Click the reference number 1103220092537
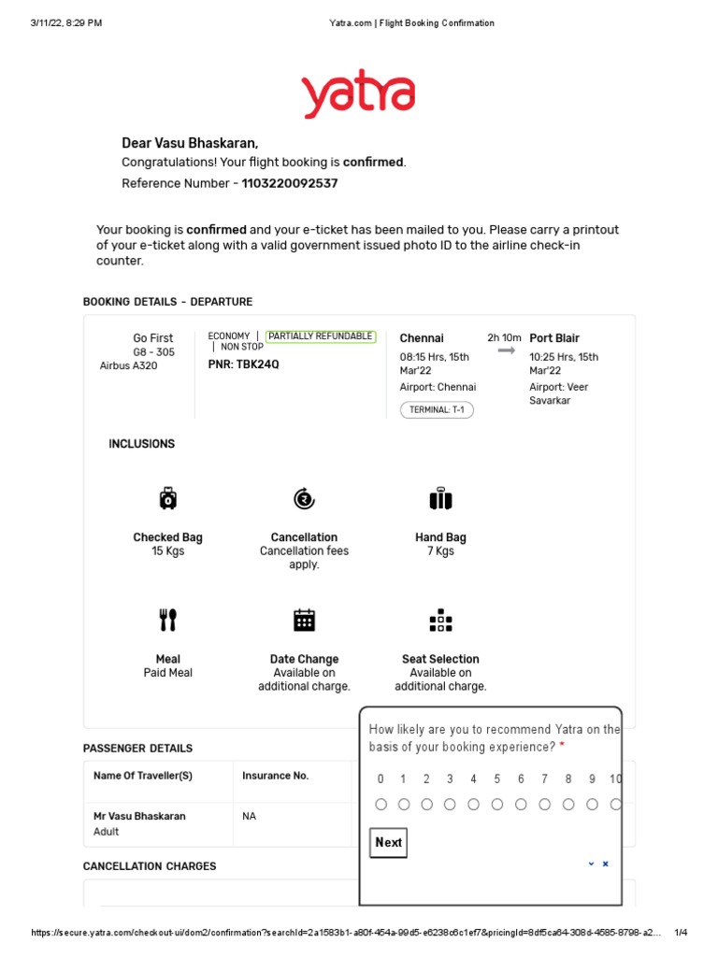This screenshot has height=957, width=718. pyautogui.click(x=290, y=183)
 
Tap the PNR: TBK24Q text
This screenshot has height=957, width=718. pyautogui.click(x=243, y=364)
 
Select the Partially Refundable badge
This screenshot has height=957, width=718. pyautogui.click(x=321, y=336)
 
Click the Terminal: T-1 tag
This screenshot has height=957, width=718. pyautogui.click(x=437, y=409)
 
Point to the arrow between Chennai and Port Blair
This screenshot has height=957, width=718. pyautogui.click(x=506, y=350)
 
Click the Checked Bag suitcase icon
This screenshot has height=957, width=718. pyautogui.click(x=167, y=499)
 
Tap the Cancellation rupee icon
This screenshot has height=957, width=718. pyautogui.click(x=304, y=499)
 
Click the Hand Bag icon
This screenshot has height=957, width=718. pyautogui.click(x=440, y=499)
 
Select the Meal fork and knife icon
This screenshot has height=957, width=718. pyautogui.click(x=167, y=620)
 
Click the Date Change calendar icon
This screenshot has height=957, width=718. pyautogui.click(x=304, y=620)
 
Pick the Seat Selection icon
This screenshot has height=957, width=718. pyautogui.click(x=440, y=620)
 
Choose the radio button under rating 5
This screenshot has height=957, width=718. pyautogui.click(x=497, y=804)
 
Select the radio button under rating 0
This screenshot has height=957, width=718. pyautogui.click(x=381, y=804)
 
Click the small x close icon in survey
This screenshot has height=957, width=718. pyautogui.click(x=605, y=864)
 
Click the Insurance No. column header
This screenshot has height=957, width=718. pyautogui.click(x=275, y=776)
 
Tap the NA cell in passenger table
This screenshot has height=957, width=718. pyautogui.click(x=250, y=816)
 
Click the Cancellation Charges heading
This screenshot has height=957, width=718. pyautogui.click(x=150, y=866)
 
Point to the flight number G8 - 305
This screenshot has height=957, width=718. pyautogui.click(x=153, y=352)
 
